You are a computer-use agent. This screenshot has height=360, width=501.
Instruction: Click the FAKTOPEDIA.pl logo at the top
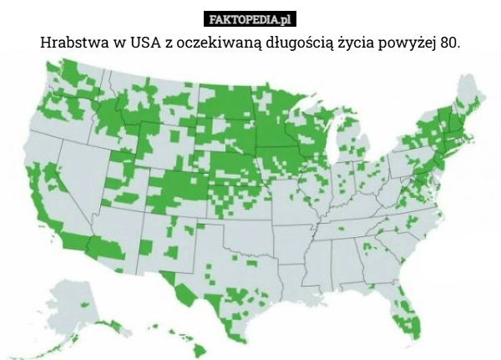coord(250,18)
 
